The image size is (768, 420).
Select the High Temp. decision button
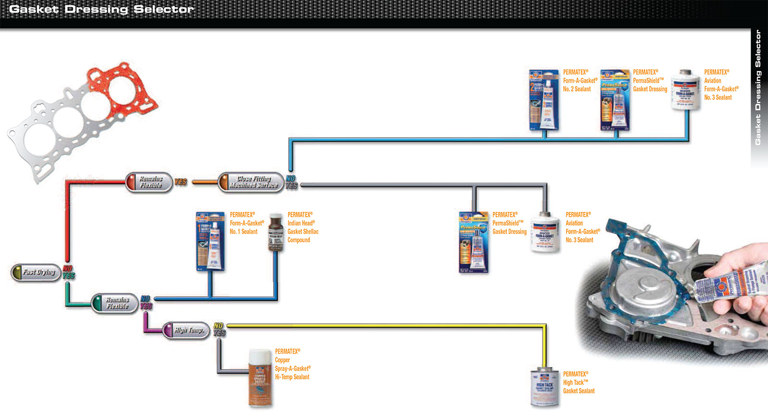point(186,330)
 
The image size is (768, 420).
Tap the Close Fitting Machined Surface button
point(252,182)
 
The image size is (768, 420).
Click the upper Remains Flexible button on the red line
point(149,182)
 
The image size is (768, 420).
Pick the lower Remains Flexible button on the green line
point(115,303)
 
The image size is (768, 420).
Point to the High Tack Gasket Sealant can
point(544,387)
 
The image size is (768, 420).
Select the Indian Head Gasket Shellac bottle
point(276,233)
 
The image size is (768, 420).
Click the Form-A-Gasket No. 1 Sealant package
point(210,241)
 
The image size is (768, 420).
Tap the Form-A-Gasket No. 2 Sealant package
point(544,99)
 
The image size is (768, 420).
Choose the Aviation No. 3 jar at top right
point(685,90)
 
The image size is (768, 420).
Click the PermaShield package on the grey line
point(473,242)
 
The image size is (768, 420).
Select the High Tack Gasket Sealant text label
point(578,383)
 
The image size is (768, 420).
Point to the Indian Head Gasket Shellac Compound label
point(302,227)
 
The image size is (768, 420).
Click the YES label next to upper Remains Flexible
point(181,182)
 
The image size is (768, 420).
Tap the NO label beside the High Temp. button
point(218,326)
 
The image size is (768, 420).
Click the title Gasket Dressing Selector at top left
point(101,9)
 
